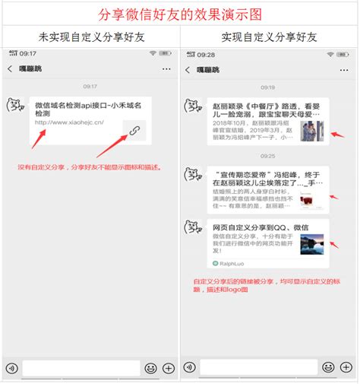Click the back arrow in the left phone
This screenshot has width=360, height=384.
(x=10, y=69)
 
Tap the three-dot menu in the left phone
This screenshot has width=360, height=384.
(x=166, y=69)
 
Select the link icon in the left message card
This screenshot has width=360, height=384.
(x=134, y=131)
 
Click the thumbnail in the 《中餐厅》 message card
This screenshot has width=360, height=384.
(x=311, y=131)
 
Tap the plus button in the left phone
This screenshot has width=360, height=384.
(x=169, y=368)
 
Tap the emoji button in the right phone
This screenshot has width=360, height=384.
(x=327, y=368)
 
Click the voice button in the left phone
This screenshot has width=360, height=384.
(x=11, y=368)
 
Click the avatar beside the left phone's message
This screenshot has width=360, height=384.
(x=14, y=105)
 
